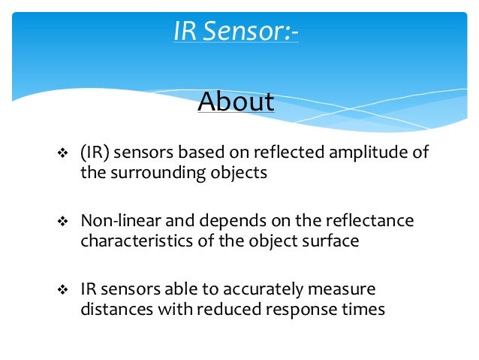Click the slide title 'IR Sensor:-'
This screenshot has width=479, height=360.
[236, 32]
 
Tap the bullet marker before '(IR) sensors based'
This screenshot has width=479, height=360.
[63, 154]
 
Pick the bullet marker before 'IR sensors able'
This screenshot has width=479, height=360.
[63, 290]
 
